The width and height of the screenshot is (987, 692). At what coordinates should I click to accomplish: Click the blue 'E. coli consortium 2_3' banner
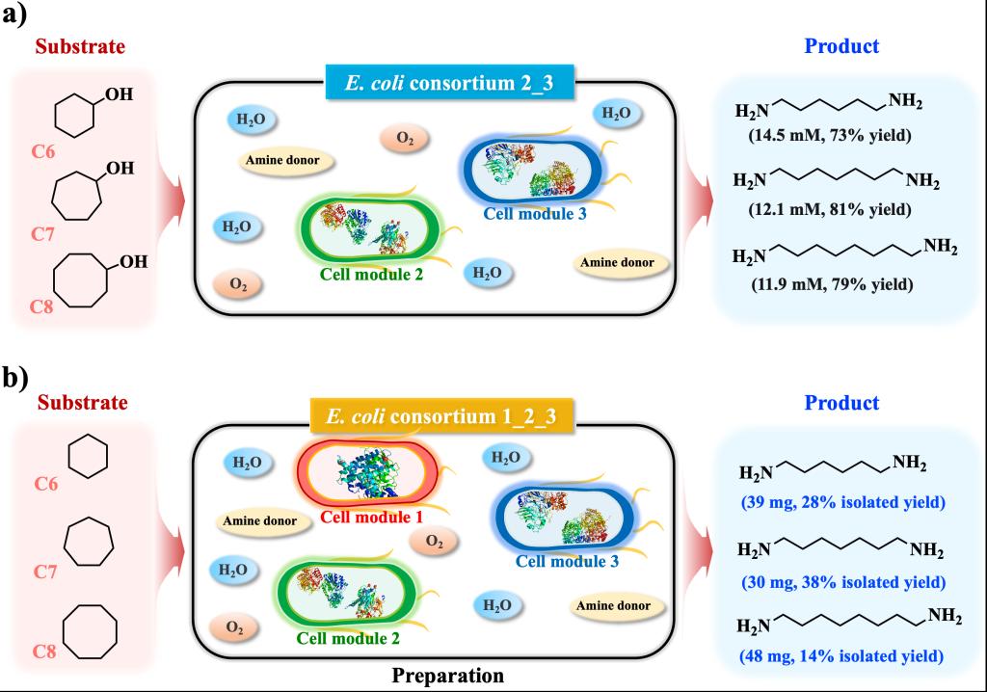coord(449,83)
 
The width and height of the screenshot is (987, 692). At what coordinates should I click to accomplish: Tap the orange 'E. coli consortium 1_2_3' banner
coord(441,416)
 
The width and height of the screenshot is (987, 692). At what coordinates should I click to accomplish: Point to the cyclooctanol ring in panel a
coord(81,280)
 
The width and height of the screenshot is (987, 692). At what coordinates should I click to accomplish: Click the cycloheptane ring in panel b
coord(89,542)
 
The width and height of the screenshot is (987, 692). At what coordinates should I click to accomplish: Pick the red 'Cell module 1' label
coord(371,517)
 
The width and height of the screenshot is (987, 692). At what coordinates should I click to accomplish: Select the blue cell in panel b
coord(564,519)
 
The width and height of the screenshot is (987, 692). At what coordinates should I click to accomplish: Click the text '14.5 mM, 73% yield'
coord(830,135)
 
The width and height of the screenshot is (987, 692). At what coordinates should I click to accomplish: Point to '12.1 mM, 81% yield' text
coord(830,209)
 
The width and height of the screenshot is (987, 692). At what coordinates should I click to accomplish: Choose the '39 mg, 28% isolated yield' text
coord(842,502)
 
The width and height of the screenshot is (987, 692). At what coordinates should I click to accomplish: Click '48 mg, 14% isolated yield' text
coord(841,656)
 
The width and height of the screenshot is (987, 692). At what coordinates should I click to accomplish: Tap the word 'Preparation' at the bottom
coord(447,676)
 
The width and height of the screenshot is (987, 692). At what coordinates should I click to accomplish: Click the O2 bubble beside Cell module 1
coord(435,541)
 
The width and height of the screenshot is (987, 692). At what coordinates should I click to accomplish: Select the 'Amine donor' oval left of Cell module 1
coord(259,520)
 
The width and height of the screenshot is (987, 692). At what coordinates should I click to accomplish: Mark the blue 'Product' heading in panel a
coord(841,46)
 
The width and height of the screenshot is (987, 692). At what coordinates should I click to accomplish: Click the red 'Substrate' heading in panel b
coord(83,402)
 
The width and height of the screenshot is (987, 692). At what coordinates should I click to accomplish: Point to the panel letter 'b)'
coord(15,379)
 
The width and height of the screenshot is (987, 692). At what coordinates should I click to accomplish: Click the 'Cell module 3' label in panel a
coord(535,213)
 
